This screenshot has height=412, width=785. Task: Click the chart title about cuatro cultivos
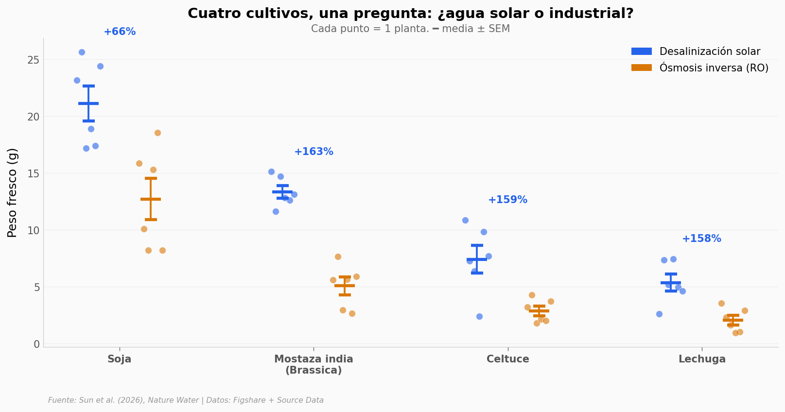(x=410, y=14)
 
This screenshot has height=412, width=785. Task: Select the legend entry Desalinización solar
(x=709, y=51)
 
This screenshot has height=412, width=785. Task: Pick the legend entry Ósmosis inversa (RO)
(x=714, y=68)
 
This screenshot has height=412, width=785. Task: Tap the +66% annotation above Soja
(x=120, y=32)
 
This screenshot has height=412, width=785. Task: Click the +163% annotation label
(x=314, y=152)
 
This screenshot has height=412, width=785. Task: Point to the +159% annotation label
(x=507, y=200)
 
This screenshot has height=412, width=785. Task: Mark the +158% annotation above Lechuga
(x=701, y=239)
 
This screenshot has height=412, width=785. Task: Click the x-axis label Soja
(x=120, y=360)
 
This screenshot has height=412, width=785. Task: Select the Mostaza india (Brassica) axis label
(x=314, y=365)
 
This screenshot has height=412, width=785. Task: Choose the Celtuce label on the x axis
(x=507, y=360)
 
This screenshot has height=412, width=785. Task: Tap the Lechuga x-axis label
(x=702, y=360)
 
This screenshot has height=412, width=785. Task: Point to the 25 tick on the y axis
(x=33, y=60)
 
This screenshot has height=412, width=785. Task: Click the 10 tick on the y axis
(x=33, y=231)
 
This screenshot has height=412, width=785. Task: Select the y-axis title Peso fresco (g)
(x=13, y=192)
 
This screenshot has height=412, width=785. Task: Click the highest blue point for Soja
(x=82, y=52)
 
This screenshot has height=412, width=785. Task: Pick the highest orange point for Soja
(x=157, y=133)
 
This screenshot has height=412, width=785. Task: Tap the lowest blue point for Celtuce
(x=479, y=317)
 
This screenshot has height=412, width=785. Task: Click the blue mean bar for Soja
(x=88, y=103)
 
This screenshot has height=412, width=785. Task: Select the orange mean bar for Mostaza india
(x=345, y=286)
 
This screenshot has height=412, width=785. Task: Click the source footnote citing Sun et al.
(x=186, y=401)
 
